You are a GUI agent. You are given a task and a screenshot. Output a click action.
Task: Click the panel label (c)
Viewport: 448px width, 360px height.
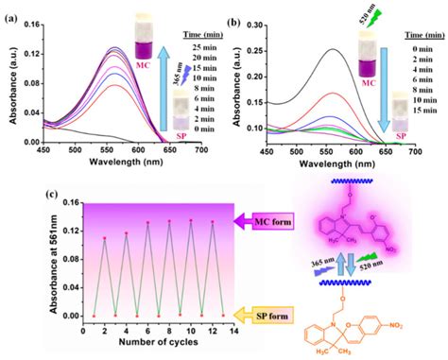click(13, 195)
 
